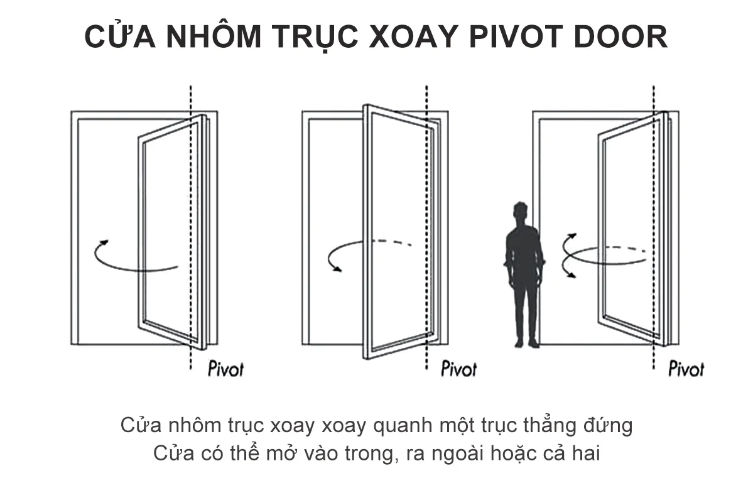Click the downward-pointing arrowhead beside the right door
(571, 273)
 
